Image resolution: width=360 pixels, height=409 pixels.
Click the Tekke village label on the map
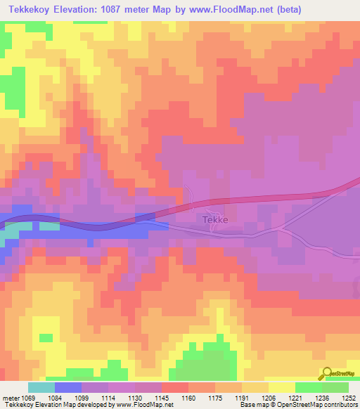tap(214, 220)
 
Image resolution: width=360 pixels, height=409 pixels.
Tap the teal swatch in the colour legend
tap(41, 387)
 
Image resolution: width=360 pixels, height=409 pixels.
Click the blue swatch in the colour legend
tap(68, 387)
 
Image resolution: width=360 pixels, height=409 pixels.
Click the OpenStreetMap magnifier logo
tap(328, 373)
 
